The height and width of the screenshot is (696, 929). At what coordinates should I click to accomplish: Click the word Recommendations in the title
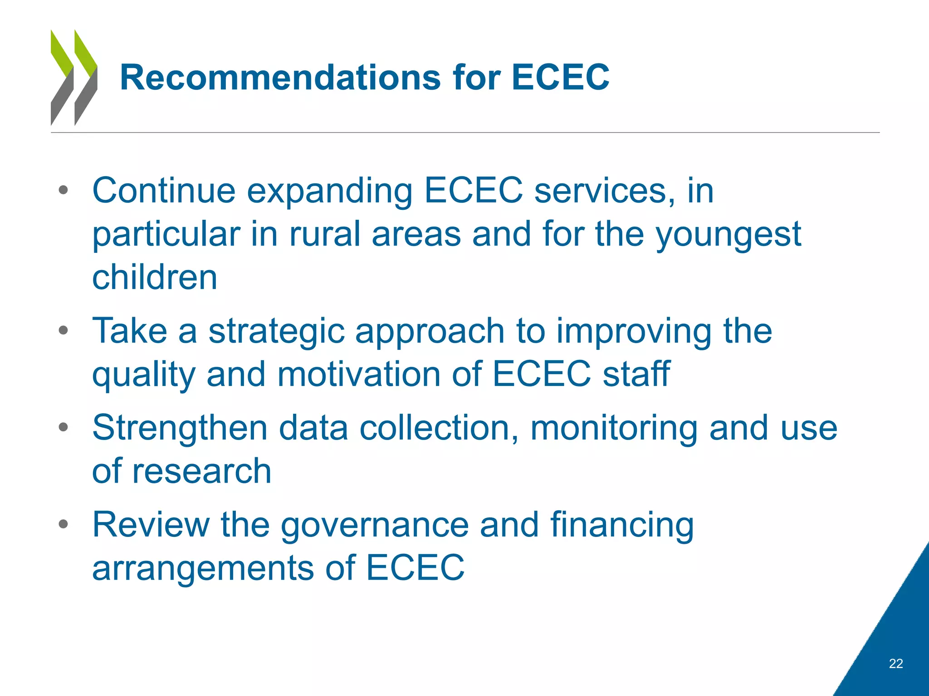click(280, 77)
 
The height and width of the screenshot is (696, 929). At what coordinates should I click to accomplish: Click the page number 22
click(895, 663)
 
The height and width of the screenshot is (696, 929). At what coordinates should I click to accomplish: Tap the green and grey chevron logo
click(74, 77)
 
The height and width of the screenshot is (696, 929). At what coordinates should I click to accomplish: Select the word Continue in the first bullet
click(164, 190)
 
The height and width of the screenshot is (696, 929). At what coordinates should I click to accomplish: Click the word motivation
click(359, 374)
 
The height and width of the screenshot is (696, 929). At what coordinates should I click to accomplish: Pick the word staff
click(636, 374)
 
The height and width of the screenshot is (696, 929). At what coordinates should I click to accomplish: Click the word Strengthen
click(180, 428)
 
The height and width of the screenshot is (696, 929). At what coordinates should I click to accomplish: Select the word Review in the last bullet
click(151, 525)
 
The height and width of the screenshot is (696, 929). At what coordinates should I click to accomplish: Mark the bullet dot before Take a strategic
click(63, 330)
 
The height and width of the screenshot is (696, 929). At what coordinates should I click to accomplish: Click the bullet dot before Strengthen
click(63, 427)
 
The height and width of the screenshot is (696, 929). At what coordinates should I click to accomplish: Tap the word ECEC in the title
click(560, 77)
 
